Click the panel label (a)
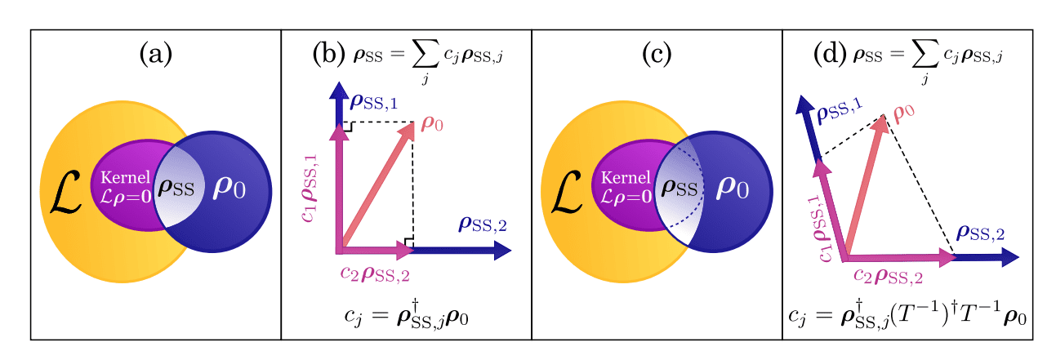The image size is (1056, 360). [155, 55]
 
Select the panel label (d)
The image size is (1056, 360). [830, 55]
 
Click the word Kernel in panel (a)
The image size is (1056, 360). [123, 176]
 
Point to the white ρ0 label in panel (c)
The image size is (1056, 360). [733, 189]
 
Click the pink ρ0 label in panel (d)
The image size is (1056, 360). [902, 114]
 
